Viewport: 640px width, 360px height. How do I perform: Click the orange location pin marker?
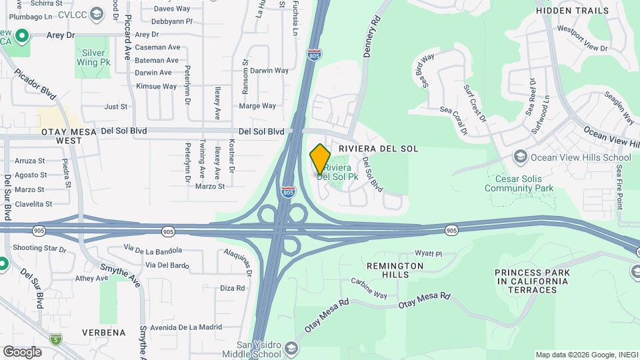(x=320, y=159)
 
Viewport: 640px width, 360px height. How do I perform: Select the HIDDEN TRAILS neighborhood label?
(x=572, y=11)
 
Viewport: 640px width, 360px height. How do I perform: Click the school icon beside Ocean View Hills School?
(x=519, y=157)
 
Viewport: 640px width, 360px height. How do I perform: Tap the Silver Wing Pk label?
(x=93, y=57)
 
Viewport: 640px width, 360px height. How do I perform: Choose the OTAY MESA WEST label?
(x=61, y=136)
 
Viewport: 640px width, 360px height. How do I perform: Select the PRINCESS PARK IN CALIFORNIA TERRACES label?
(x=532, y=281)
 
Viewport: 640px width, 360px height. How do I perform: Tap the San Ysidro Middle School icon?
(x=291, y=349)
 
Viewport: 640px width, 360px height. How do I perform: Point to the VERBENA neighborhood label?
(x=104, y=332)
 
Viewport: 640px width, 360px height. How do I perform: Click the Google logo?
(x=22, y=352)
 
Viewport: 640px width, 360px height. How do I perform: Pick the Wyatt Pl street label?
(x=429, y=253)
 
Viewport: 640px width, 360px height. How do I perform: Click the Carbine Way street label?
(x=369, y=289)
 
